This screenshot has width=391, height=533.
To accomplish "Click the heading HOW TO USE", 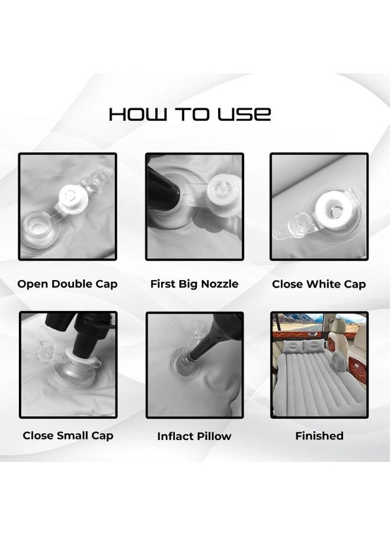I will click(190, 114).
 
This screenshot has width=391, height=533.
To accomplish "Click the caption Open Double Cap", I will click(67, 284).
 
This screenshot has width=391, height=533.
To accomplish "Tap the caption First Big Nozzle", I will click(194, 284).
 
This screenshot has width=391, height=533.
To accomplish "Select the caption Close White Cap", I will click(319, 284).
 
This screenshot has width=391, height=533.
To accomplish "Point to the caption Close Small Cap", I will click(68, 435).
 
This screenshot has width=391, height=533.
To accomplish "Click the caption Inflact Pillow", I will click(194, 436).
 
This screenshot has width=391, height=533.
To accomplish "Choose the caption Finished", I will click(319, 435).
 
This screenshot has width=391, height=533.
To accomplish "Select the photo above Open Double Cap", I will click(67, 207).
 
